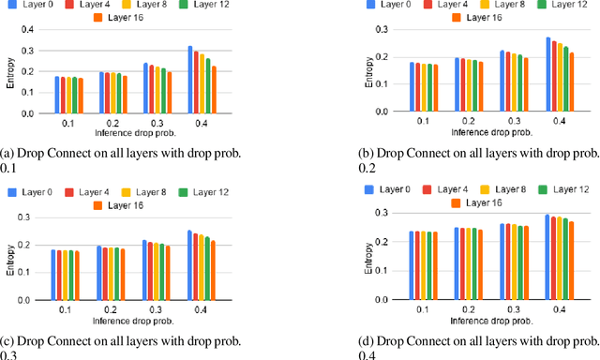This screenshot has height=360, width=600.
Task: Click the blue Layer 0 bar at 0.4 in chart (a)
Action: point(190,80)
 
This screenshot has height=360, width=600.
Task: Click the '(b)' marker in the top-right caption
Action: point(367,152)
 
